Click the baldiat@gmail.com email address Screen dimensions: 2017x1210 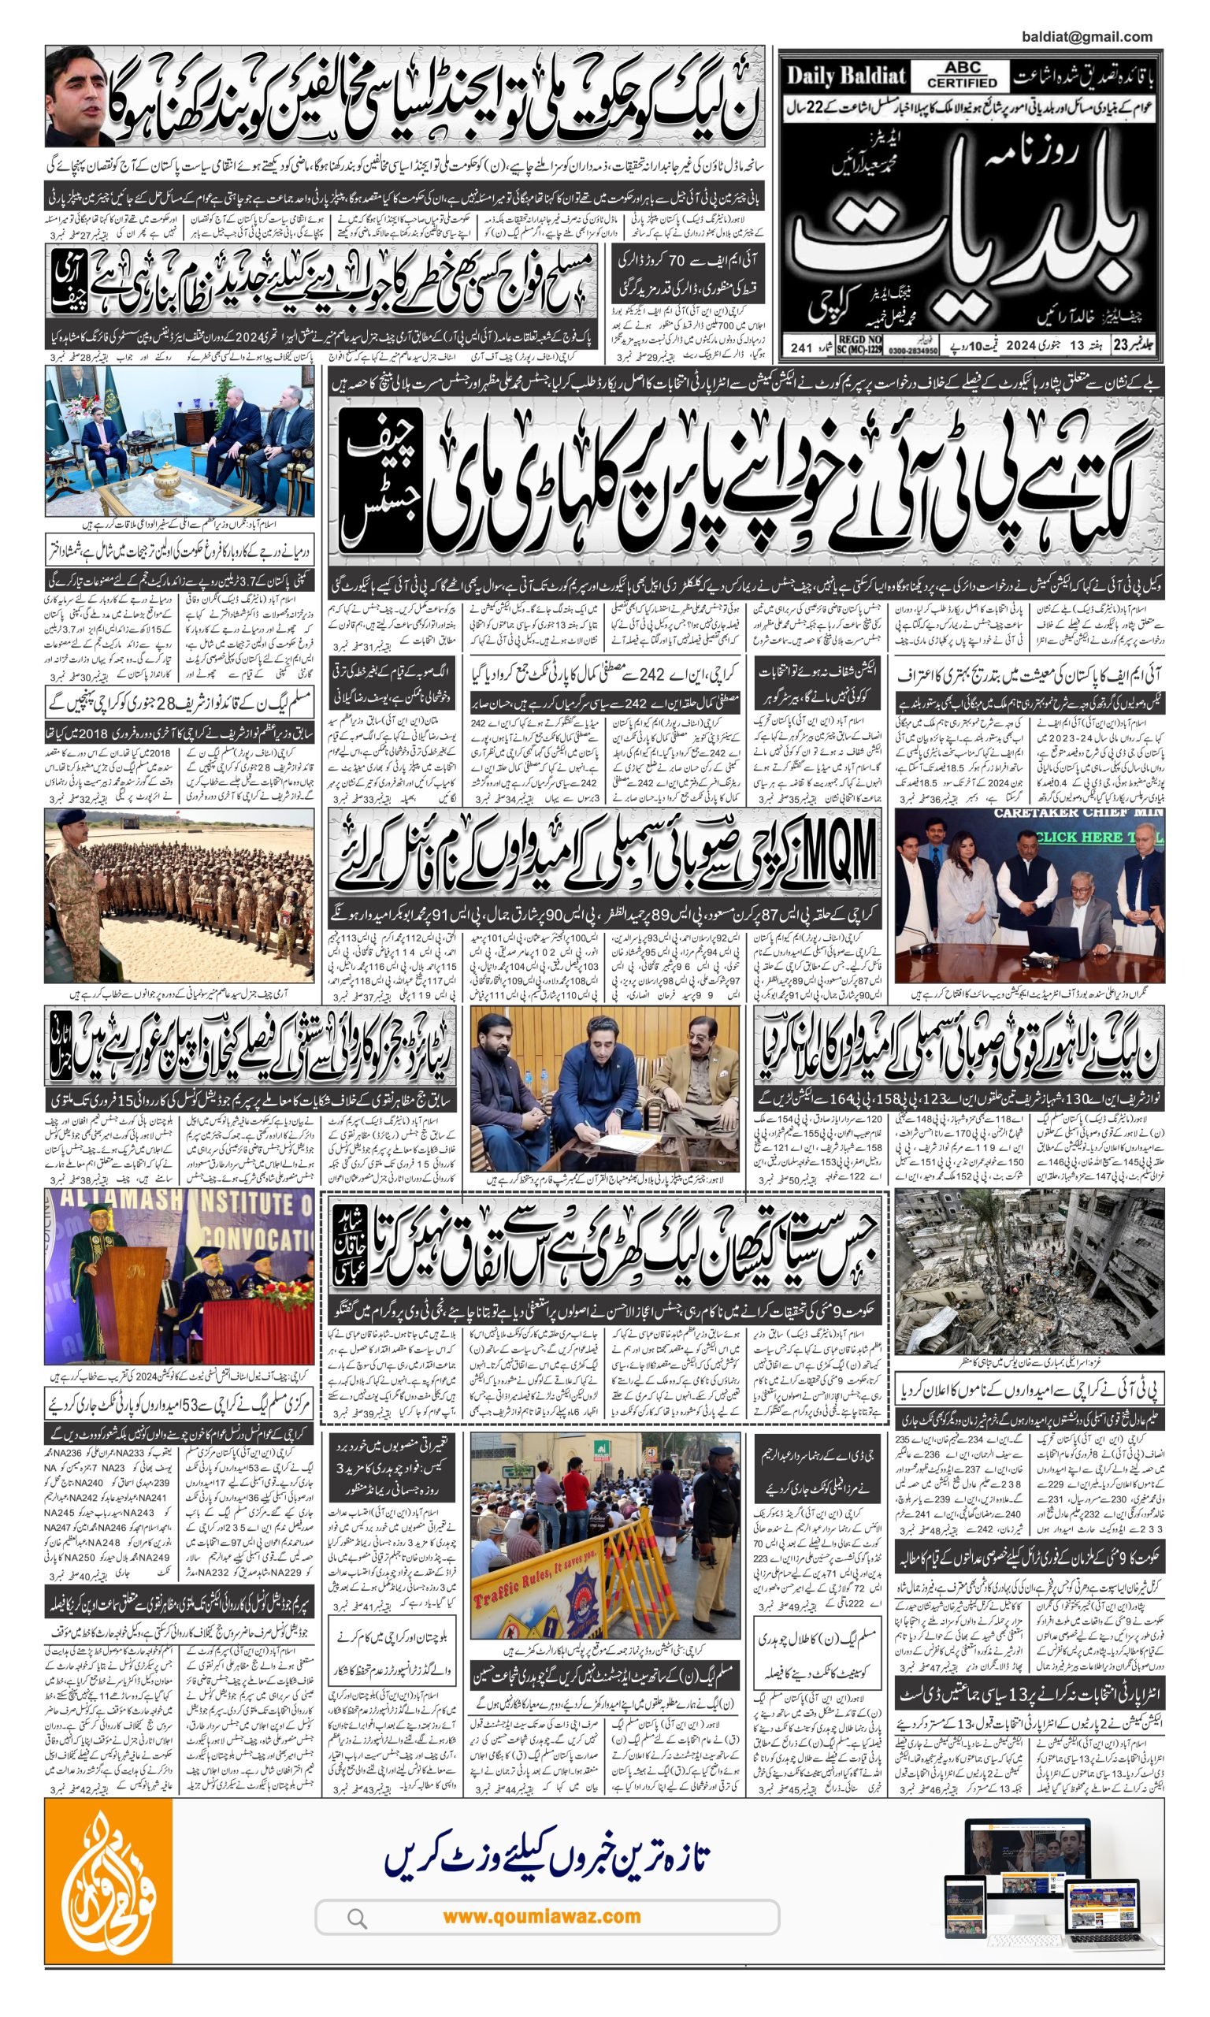pyautogui.click(x=1086, y=37)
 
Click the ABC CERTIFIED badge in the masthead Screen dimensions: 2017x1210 pyautogui.click(x=962, y=76)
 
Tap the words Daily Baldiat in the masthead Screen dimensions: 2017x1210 pyautogui.click(x=845, y=77)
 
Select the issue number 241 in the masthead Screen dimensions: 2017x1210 pyautogui.click(x=801, y=347)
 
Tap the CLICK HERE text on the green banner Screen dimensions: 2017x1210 pyautogui.click(x=1076, y=838)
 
